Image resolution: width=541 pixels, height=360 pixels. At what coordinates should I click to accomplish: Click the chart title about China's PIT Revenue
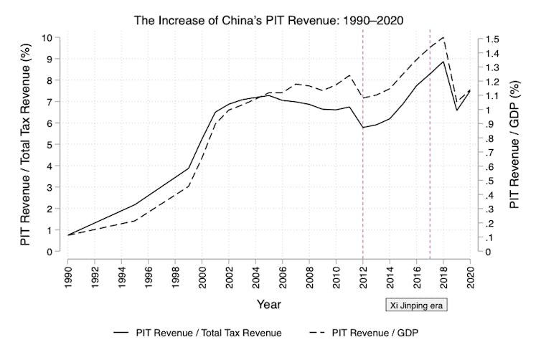point(269,19)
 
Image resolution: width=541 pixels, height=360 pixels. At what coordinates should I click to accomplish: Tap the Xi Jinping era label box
point(416,305)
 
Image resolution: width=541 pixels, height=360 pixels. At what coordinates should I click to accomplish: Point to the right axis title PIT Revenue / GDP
point(514,143)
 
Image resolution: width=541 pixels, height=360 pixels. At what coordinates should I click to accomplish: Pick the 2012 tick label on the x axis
point(363,275)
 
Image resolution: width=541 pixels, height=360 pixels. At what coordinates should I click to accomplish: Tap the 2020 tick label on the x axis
point(470,275)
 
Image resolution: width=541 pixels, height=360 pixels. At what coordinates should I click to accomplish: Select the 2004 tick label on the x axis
point(256,275)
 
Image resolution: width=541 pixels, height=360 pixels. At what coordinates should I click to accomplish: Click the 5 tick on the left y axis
point(49,144)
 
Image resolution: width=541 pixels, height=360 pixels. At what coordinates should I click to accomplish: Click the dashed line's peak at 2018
point(443,37)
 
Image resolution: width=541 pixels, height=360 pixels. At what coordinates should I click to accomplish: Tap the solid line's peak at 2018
point(443,61)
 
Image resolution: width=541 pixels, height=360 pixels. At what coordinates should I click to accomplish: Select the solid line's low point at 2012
point(363,128)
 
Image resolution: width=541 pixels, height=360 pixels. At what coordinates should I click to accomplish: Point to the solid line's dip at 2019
point(457,110)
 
